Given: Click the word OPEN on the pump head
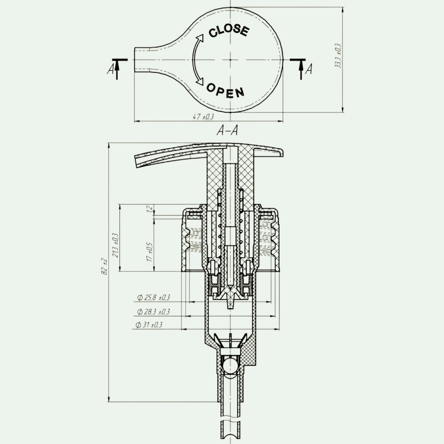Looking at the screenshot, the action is coord(226,91).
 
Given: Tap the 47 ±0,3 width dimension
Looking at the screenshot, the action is coord(203,117).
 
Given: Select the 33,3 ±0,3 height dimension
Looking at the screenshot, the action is coord(338,56).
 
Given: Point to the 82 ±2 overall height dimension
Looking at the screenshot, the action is coord(104,266).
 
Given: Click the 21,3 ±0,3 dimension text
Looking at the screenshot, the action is coord(115,245).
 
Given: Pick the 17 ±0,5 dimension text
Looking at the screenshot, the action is coord(150,252).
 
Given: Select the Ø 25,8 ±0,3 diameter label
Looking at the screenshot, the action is coord(154,297).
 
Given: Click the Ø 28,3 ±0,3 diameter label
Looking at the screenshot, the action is coord(154,311).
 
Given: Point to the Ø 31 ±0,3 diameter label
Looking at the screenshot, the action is coord(149,325).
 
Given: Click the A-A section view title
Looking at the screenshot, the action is coord(227,130).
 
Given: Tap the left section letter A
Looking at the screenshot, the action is coord(111,70).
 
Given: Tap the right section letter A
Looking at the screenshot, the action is coord(308,69).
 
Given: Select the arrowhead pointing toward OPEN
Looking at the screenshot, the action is coord(201,81).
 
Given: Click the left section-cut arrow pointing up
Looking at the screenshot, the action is coord(117,69).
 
